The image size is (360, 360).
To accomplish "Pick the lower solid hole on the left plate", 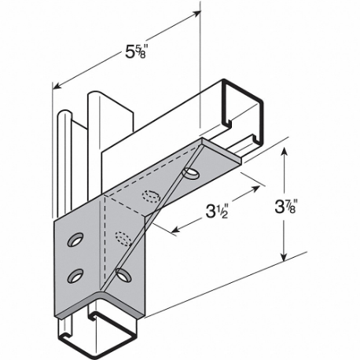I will (75, 274).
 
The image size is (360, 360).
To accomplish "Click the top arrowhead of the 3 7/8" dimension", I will (285, 146).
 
